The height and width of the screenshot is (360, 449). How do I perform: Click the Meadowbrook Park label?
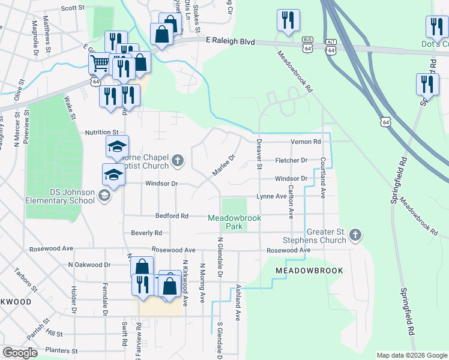pyautogui.click(x=234, y=223)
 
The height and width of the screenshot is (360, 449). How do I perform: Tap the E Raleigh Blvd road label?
pyautogui.click(x=231, y=42)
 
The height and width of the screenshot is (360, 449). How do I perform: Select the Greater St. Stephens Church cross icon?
pyautogui.click(x=355, y=236)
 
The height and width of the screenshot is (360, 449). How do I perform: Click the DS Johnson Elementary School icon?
pyautogui.click(x=104, y=196)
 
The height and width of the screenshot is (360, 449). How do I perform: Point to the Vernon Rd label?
pyautogui.click(x=306, y=142)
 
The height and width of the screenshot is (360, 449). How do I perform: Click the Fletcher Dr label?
pyautogui.click(x=291, y=160)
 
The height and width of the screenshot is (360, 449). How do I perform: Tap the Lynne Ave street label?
pyautogui.click(x=272, y=196)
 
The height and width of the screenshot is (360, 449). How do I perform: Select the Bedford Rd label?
pyautogui.click(x=172, y=215)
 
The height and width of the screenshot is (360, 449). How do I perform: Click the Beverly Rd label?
pyautogui.click(x=146, y=233)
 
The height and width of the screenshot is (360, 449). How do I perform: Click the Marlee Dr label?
pyautogui.click(x=222, y=165)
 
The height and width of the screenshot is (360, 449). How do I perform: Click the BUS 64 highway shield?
pyautogui.click(x=308, y=46)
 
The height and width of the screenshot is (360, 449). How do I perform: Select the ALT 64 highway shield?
pyautogui.click(x=331, y=47)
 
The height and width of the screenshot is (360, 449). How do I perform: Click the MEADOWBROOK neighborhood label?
pyautogui.click(x=309, y=271)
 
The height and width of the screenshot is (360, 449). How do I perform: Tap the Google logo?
pyautogui.click(x=20, y=353)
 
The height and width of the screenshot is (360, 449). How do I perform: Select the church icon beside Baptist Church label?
pyautogui.click(x=176, y=160)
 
